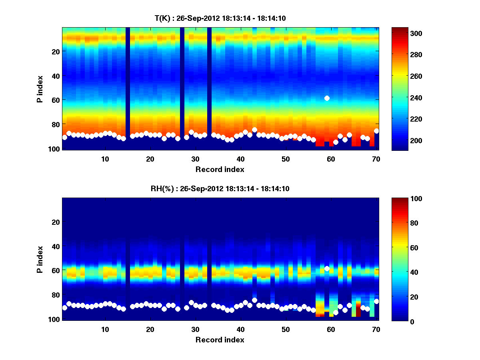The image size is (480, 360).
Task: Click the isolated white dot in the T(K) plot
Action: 327,98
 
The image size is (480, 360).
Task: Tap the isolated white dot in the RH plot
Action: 327,268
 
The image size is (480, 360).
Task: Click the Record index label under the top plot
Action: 220,169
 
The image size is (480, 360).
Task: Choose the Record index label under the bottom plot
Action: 220,340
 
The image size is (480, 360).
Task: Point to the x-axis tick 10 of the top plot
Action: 105,159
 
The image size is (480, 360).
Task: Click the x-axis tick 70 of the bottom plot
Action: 376,329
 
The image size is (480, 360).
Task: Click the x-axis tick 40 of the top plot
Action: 240,159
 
